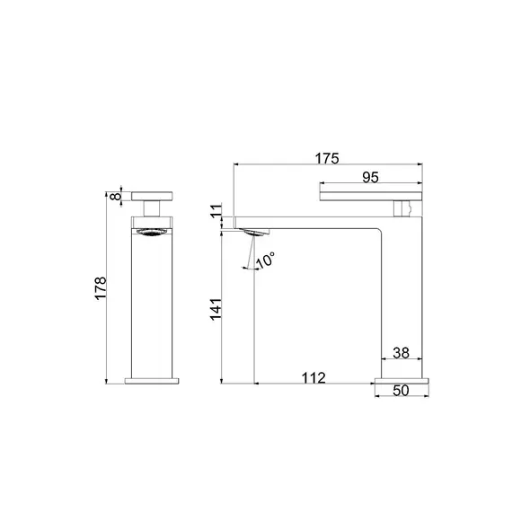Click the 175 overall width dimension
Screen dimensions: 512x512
327,159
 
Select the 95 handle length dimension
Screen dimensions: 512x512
371,177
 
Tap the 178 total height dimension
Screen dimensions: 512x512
101,287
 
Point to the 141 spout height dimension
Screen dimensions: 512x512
216,309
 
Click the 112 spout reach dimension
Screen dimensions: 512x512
313,378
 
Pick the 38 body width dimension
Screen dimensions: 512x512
401,353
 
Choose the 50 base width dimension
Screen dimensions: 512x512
401,391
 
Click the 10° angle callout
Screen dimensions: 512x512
265,260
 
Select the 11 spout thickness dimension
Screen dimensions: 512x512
216,211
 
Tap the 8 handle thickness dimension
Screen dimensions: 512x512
116,197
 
